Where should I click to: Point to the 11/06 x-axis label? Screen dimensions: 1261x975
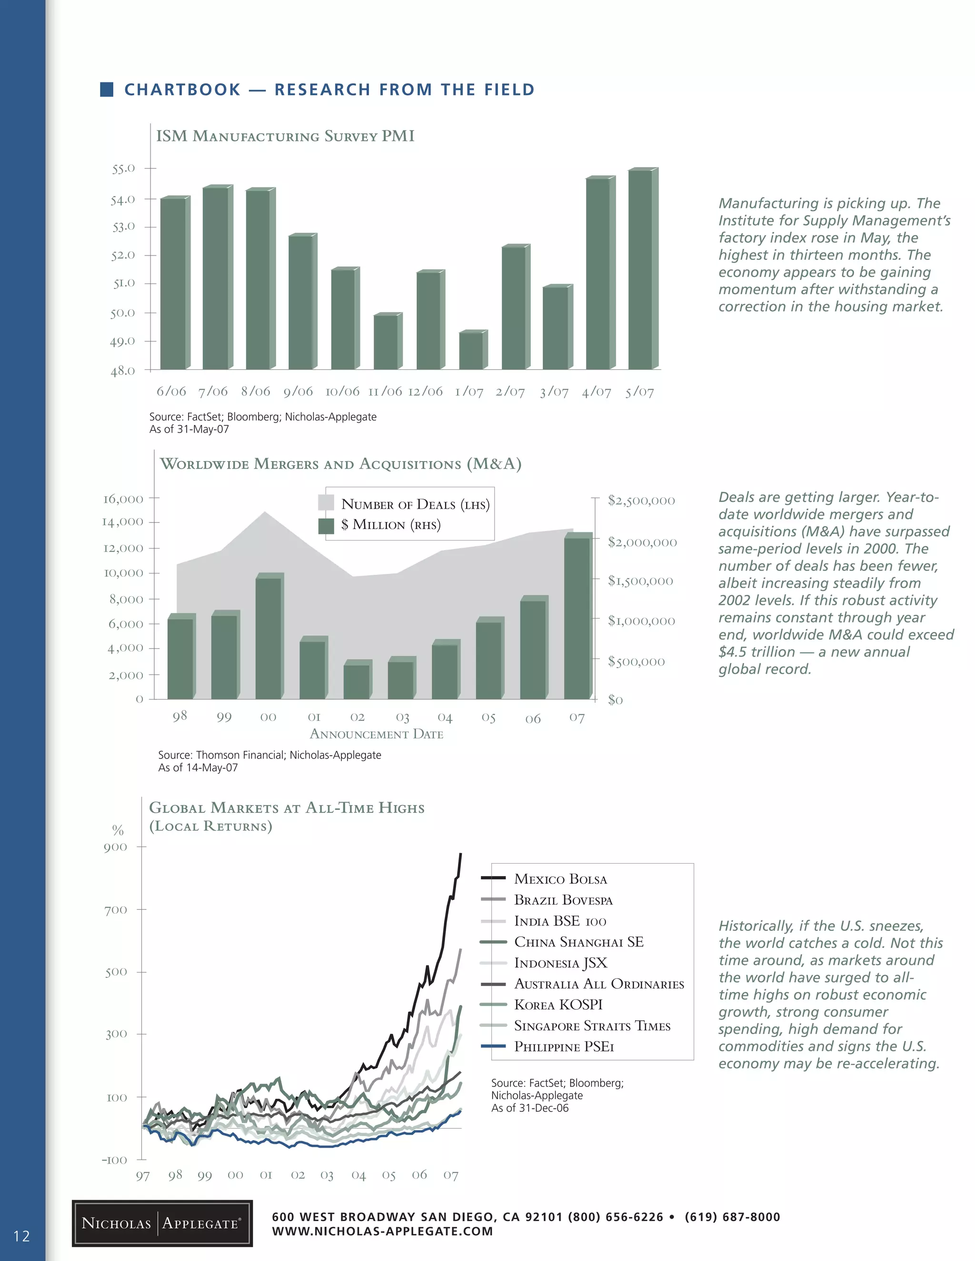(x=385, y=392)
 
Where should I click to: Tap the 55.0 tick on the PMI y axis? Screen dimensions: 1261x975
(x=123, y=168)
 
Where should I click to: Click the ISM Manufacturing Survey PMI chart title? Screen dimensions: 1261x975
(x=285, y=136)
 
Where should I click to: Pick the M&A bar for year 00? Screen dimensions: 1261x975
(x=268, y=638)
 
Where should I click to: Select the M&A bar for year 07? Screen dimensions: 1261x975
(x=577, y=618)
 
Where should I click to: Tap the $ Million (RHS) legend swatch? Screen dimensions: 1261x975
(x=326, y=525)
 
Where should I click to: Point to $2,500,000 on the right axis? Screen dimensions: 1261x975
(x=641, y=501)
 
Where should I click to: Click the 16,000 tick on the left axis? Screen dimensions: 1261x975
(x=123, y=499)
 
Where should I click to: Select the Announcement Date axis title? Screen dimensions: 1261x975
(x=377, y=734)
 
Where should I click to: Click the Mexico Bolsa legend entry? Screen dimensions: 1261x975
(x=560, y=879)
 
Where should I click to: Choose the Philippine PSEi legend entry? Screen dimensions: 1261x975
(x=564, y=1047)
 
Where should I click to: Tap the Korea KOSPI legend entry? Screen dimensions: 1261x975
(x=558, y=1005)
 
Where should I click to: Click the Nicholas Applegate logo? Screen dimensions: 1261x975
(x=162, y=1223)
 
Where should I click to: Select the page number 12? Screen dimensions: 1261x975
(x=21, y=1236)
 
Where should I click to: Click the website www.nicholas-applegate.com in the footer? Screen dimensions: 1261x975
(x=382, y=1231)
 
